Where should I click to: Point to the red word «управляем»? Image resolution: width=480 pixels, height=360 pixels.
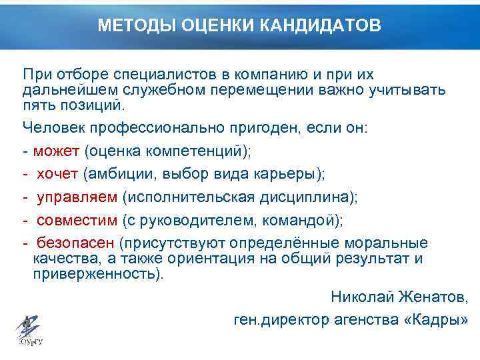point(77,197)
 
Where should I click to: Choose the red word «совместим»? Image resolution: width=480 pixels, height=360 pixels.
point(77,220)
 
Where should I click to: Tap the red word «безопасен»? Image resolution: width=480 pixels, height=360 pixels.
point(75,243)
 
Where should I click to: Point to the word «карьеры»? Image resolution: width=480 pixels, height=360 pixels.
point(287,174)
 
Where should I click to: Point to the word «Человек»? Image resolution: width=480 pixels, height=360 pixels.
point(51,127)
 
